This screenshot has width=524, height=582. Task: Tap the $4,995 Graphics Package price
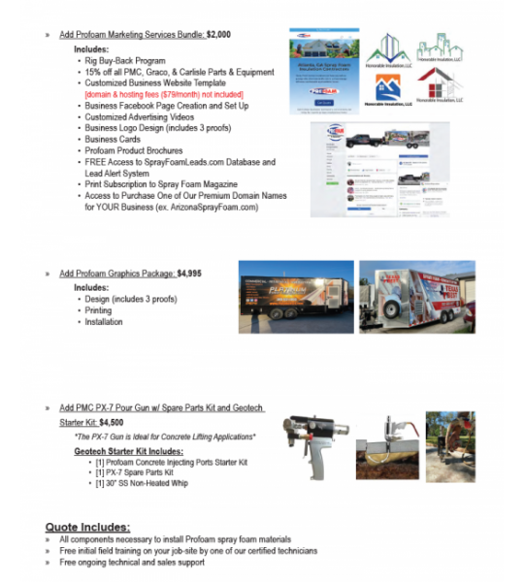[189, 275]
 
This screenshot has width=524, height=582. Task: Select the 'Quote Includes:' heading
[87, 527]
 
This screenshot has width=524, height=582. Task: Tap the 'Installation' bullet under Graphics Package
[104, 322]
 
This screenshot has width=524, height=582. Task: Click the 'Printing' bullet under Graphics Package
[98, 310]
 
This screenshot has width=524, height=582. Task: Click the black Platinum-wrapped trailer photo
[296, 297]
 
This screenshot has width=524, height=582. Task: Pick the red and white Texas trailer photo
[416, 297]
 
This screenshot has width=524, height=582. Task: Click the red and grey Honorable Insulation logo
[440, 87]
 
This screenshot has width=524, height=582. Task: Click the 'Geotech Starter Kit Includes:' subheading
[128, 452]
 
